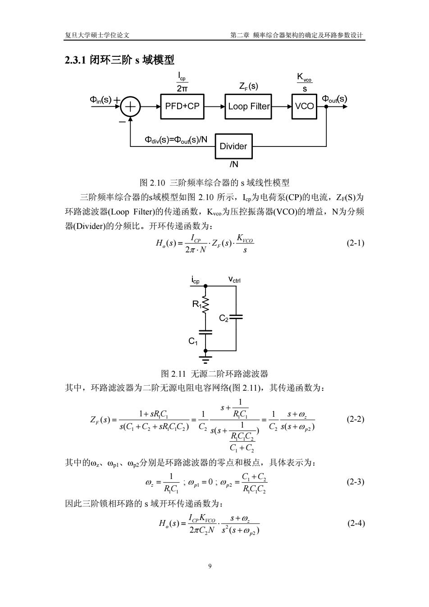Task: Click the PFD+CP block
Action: [182, 106]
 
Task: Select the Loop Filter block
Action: [248, 106]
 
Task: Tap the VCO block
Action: [304, 106]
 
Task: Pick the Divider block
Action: [233, 146]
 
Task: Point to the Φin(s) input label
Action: [100, 100]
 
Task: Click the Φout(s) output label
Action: [334, 99]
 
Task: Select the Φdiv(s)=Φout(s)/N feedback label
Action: [176, 140]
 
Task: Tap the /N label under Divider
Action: [233, 164]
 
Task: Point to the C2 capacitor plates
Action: [236, 317]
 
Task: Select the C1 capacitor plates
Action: [205, 332]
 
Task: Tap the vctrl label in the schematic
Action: [234, 279]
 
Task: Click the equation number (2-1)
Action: [355, 243]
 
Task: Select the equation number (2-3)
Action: [355, 482]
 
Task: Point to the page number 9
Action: [210, 566]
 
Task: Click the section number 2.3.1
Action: [75, 60]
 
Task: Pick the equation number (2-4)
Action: [356, 523]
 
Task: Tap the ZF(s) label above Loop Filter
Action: [248, 87]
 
